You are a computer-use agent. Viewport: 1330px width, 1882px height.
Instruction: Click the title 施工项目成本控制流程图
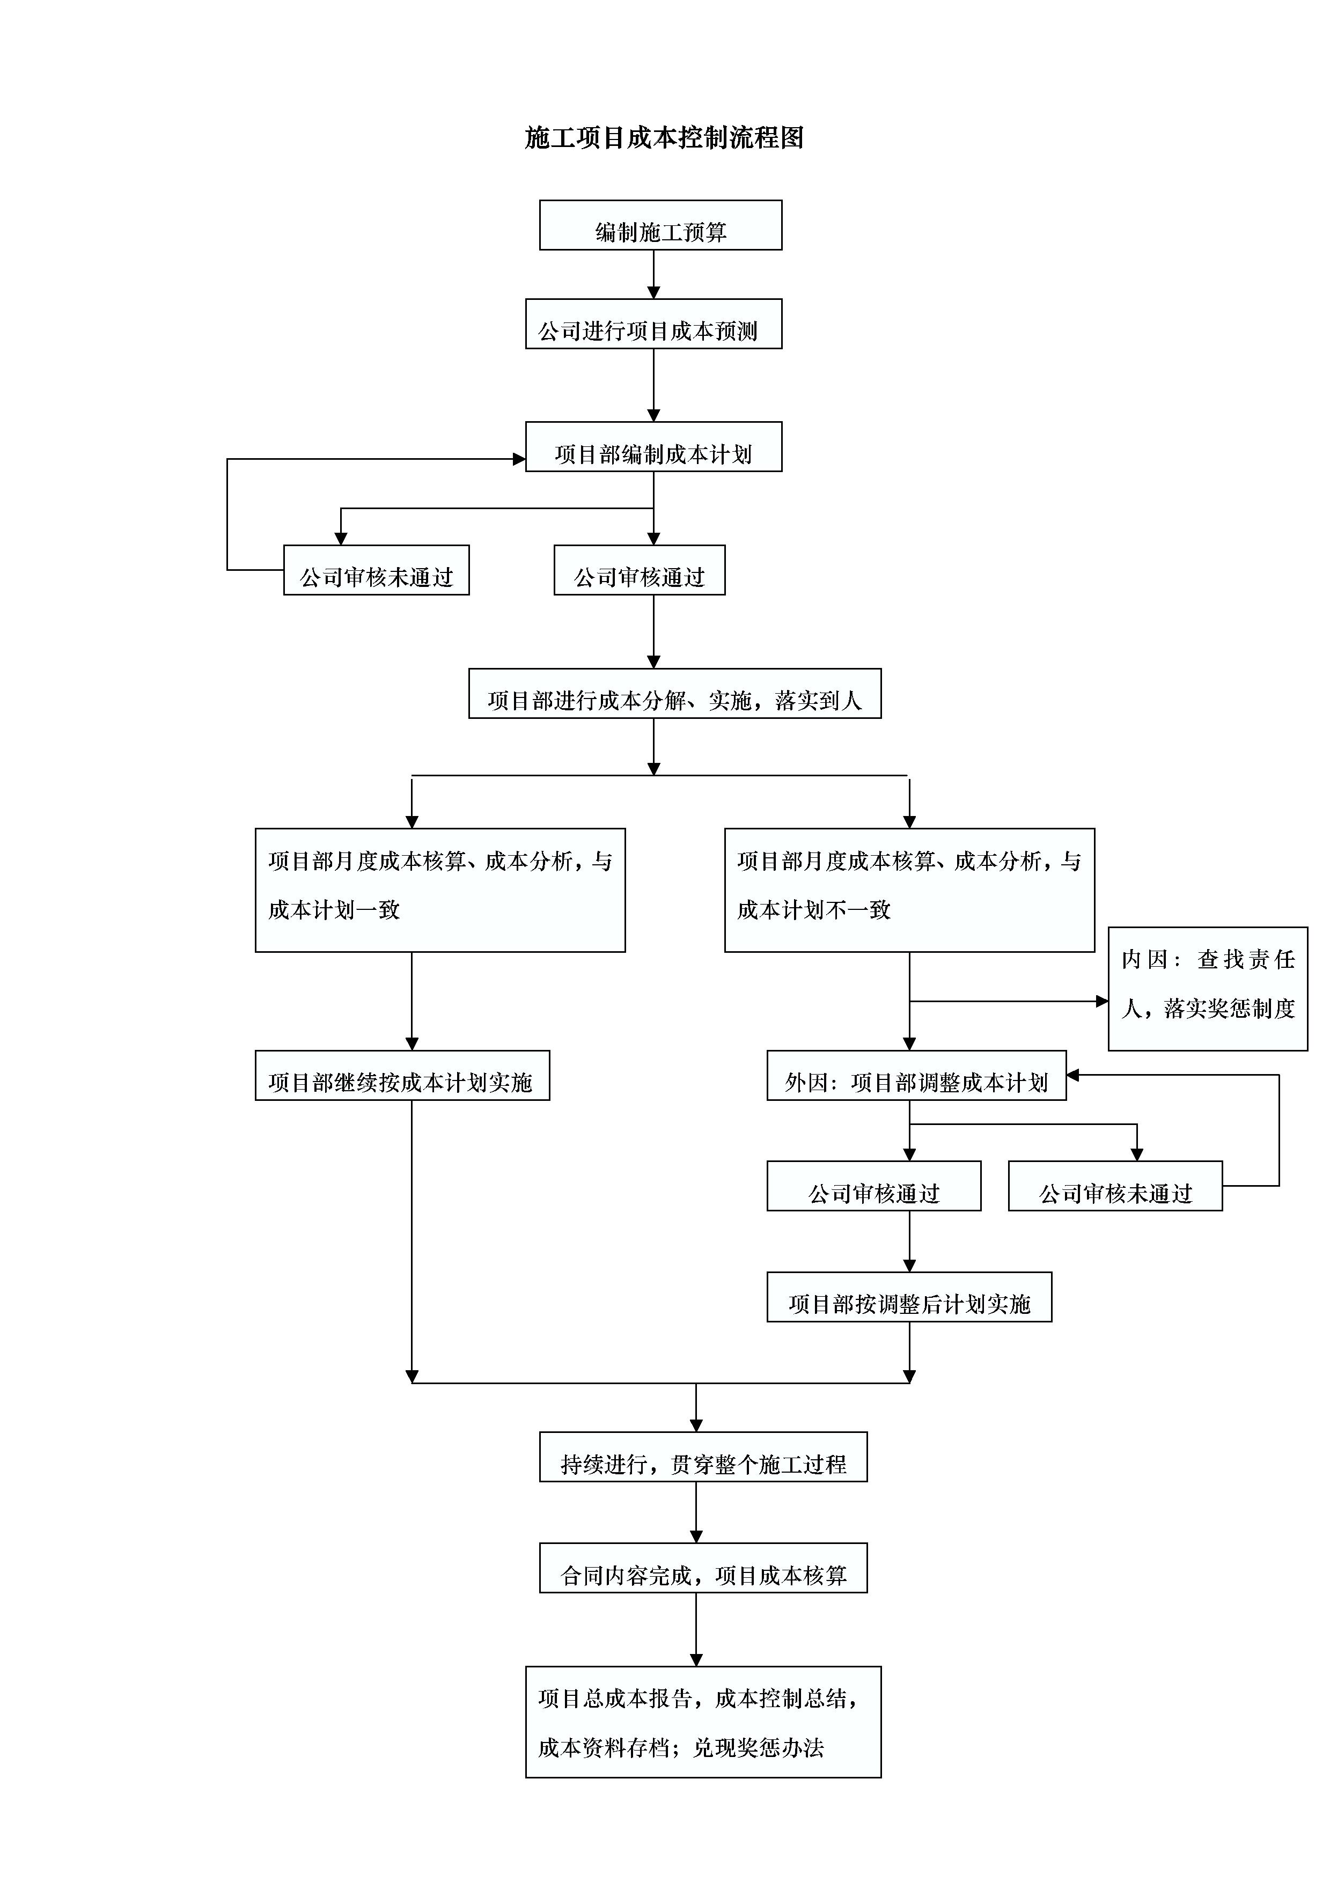pyautogui.click(x=664, y=138)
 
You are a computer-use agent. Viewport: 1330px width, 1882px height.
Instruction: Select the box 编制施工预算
pyautogui.click(x=660, y=225)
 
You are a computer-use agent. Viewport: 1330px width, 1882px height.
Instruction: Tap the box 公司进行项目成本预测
pyautogui.click(x=653, y=324)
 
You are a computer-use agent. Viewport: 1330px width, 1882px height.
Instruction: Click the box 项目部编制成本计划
pyautogui.click(x=653, y=447)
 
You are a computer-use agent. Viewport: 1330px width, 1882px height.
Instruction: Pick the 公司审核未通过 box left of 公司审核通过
pyautogui.click(x=376, y=570)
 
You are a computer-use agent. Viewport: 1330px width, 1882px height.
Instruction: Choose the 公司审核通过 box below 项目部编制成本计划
pyautogui.click(x=639, y=570)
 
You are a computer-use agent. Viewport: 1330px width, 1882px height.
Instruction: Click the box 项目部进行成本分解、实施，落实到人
pyautogui.click(x=674, y=694)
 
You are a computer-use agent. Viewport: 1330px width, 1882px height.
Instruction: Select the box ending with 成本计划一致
pyautogui.click(x=440, y=890)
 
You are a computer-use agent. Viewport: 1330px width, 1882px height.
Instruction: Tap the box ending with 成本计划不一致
pyautogui.click(x=909, y=890)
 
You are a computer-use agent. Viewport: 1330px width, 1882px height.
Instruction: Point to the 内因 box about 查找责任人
pyautogui.click(x=1208, y=989)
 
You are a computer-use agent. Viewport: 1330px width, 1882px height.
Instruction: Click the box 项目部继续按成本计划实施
pyautogui.click(x=402, y=1076)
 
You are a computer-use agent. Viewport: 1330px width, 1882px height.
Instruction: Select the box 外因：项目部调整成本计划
pyautogui.click(x=916, y=1076)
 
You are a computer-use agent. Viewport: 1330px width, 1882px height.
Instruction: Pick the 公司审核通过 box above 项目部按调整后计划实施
pyautogui.click(x=873, y=1186)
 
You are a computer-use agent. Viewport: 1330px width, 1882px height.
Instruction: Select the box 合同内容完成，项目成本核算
pyautogui.click(x=703, y=1568)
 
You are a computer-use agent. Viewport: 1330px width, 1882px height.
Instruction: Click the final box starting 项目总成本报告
pyautogui.click(x=703, y=1722)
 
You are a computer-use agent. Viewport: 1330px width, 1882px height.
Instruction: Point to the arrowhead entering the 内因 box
pyautogui.click(x=1102, y=1001)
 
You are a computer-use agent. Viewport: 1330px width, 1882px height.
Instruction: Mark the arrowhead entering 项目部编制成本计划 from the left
pyautogui.click(x=519, y=459)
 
